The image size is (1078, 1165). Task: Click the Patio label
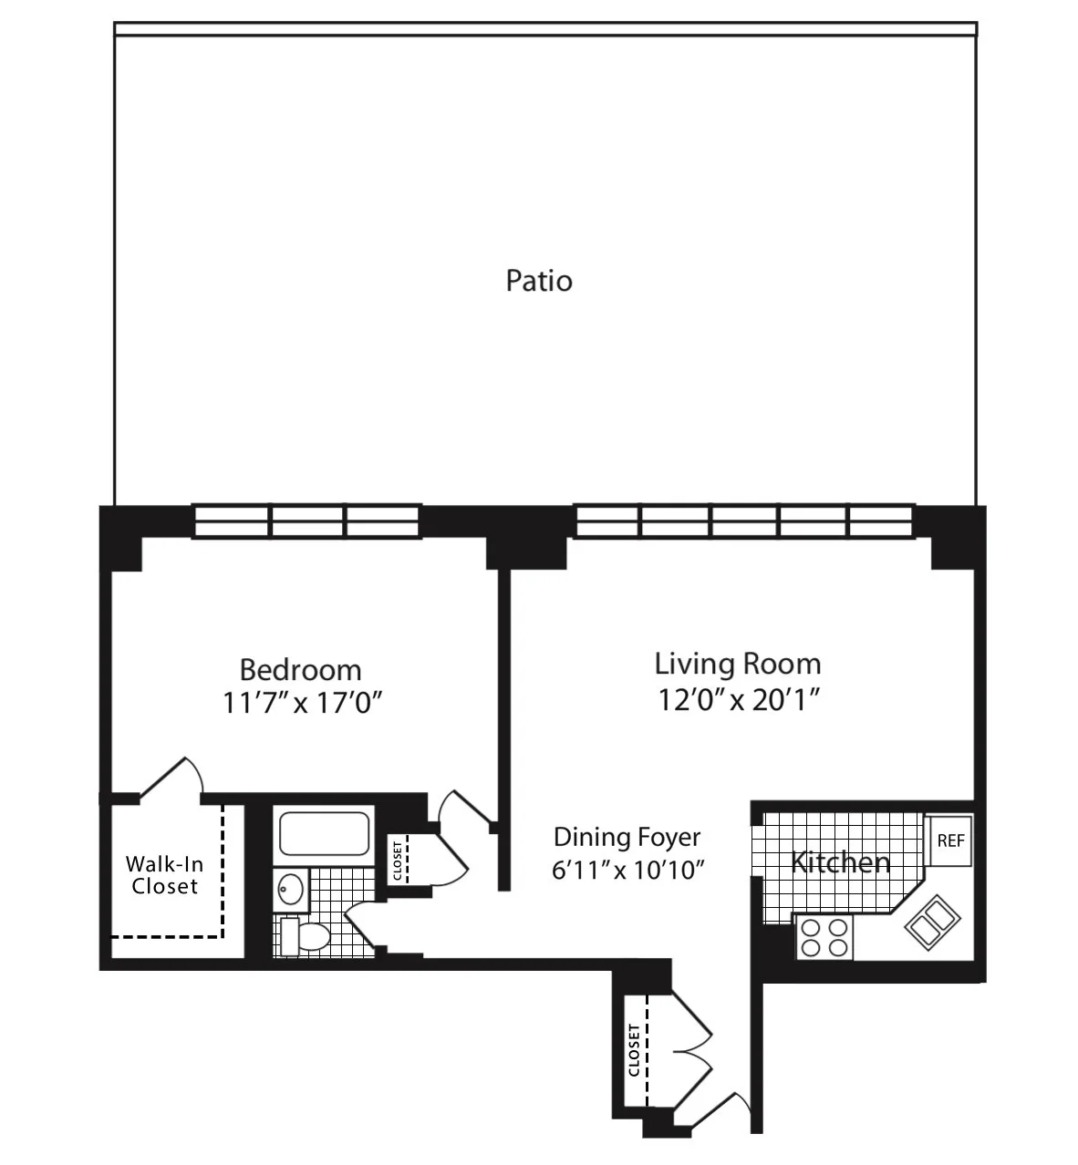pyautogui.click(x=539, y=280)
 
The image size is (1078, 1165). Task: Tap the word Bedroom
pyautogui.click(x=300, y=670)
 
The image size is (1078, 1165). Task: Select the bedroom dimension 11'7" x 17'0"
pyautogui.click(x=300, y=704)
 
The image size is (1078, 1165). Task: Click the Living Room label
pyautogui.click(x=737, y=664)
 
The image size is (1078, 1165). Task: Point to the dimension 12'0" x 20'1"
pyautogui.click(x=737, y=699)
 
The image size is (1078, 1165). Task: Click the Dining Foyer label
pyautogui.click(x=627, y=837)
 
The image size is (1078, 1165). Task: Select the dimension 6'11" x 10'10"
pyautogui.click(x=628, y=870)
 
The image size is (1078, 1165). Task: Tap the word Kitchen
pyautogui.click(x=840, y=862)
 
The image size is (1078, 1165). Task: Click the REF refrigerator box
pyautogui.click(x=950, y=840)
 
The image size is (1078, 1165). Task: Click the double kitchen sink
pyautogui.click(x=928, y=923)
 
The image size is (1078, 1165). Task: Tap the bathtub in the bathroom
pyautogui.click(x=324, y=833)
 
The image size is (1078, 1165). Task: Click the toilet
pyautogui.click(x=306, y=935)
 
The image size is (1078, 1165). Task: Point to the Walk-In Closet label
pyautogui.click(x=164, y=874)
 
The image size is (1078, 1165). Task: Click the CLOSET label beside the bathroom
pyautogui.click(x=398, y=860)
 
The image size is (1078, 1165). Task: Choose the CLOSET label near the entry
pyautogui.click(x=633, y=1050)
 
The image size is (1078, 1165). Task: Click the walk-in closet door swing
pyautogui.click(x=171, y=779)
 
